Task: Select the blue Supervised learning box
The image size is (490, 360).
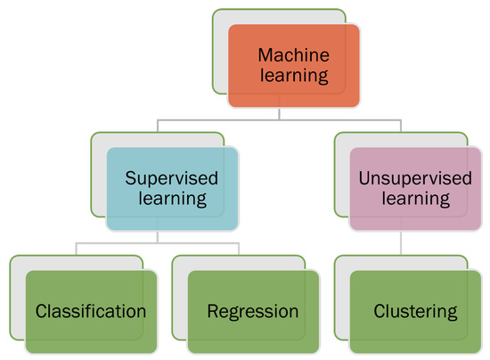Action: click(172, 188)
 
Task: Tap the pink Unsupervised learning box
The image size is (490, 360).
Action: click(415, 188)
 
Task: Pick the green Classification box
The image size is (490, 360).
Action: click(91, 312)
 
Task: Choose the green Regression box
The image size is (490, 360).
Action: click(253, 312)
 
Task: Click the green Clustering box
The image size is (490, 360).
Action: click(415, 312)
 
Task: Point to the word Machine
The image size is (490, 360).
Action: click(293, 54)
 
